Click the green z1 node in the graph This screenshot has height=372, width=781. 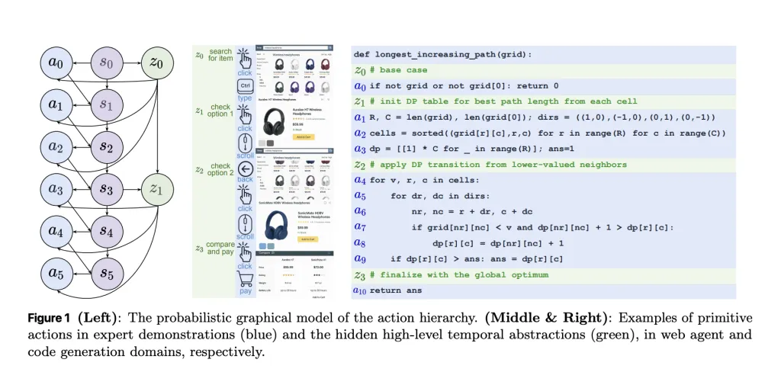[156, 188]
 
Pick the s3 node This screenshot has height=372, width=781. [107, 188]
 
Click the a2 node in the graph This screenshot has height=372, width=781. [61, 146]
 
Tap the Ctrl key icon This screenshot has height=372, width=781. [245, 85]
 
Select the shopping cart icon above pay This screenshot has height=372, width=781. [245, 279]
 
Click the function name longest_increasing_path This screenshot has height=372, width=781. [449, 55]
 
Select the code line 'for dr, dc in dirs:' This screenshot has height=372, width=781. [435, 196]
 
